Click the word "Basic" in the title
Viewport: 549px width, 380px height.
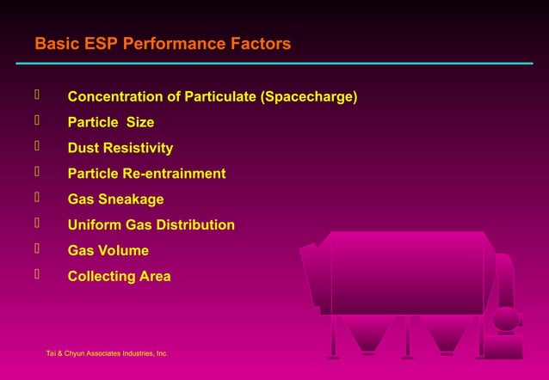[x=56, y=44]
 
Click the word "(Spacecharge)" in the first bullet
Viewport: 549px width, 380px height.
[x=308, y=97]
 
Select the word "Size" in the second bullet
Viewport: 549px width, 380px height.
[x=139, y=123]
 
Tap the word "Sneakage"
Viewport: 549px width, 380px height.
[x=130, y=200]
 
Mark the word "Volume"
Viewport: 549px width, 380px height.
[x=122, y=251]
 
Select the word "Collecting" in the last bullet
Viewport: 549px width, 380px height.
[x=102, y=277]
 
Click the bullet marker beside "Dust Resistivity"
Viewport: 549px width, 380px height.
[x=37, y=147]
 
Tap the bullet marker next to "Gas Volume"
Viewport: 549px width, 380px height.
[x=37, y=249]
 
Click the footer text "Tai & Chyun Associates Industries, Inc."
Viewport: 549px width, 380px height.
[x=107, y=353]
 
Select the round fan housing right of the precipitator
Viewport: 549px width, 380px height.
[x=506, y=320]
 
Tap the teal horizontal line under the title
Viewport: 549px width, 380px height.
[x=274, y=64]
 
